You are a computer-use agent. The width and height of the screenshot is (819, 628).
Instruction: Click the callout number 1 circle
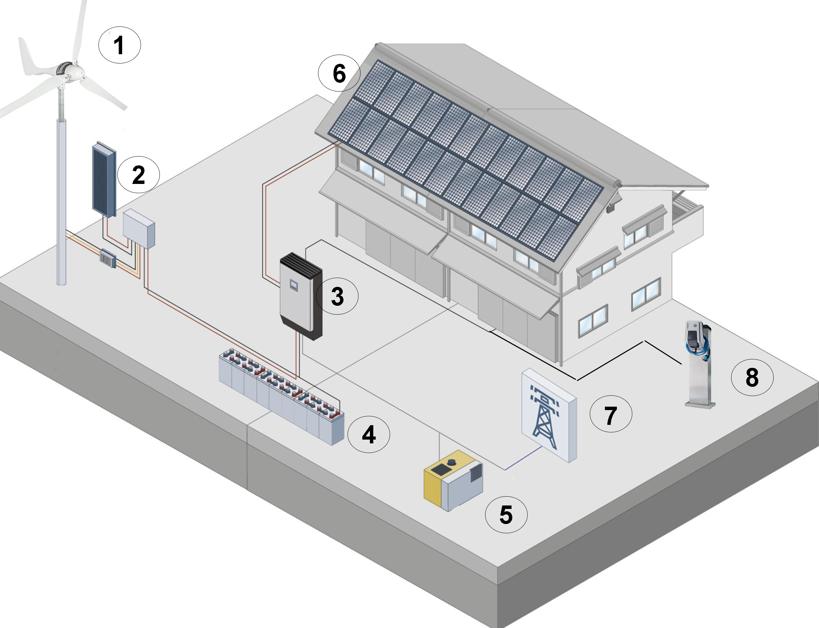(x=119, y=45)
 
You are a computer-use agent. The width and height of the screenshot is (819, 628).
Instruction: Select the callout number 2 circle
(x=138, y=175)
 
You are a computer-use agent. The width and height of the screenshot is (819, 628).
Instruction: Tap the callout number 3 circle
(x=337, y=296)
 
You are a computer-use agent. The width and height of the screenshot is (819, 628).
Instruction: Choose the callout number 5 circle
(x=506, y=514)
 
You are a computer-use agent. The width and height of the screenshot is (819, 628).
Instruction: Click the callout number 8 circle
(x=752, y=377)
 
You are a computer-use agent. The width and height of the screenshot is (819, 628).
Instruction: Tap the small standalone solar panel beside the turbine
(x=104, y=179)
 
